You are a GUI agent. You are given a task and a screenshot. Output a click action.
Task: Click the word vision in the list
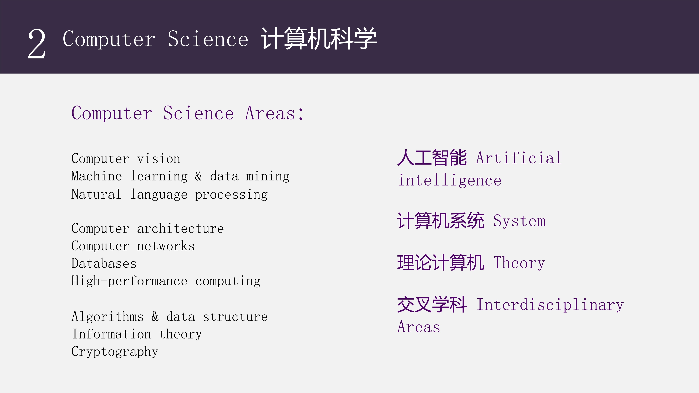click(159, 159)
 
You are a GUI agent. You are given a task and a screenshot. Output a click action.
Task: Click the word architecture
click(181, 229)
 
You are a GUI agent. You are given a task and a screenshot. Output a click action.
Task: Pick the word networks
click(166, 246)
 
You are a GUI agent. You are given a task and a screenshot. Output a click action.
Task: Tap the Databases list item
click(104, 263)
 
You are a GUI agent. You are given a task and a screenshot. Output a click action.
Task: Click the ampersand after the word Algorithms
click(155, 316)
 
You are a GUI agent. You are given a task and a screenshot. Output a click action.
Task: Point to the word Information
click(111, 334)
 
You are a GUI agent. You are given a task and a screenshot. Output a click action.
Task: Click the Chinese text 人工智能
click(432, 158)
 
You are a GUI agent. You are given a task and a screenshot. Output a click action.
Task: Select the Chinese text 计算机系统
click(441, 220)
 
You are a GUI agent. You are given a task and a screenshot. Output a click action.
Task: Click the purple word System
click(519, 221)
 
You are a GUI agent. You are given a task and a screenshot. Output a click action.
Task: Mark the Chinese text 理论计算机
click(441, 263)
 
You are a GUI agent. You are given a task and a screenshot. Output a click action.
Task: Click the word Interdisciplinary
click(550, 305)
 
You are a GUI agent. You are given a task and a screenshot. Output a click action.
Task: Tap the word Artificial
click(519, 158)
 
